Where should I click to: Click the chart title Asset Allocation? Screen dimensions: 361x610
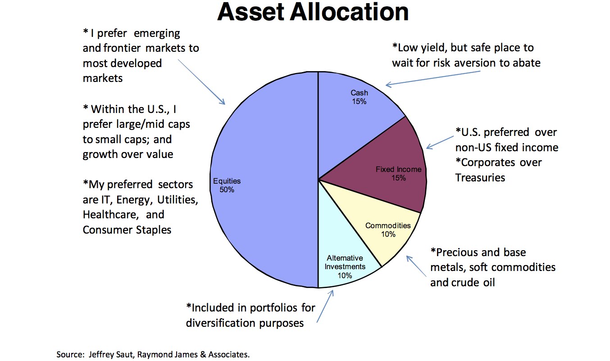click(313, 12)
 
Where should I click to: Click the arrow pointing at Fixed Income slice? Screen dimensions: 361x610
click(439, 141)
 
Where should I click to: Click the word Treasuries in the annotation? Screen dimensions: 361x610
click(480, 177)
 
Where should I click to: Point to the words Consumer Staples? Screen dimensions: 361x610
click(127, 230)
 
